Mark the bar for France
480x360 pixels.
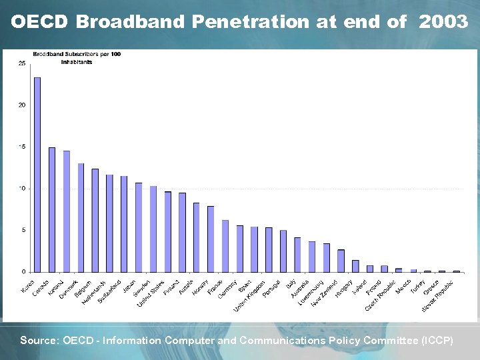225,246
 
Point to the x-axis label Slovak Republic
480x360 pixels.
438,295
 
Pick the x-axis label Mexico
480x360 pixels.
404,287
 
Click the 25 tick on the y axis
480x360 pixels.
22,63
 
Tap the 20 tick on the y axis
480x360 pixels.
22,105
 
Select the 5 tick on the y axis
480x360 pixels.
23,230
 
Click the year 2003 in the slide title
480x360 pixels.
443,22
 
